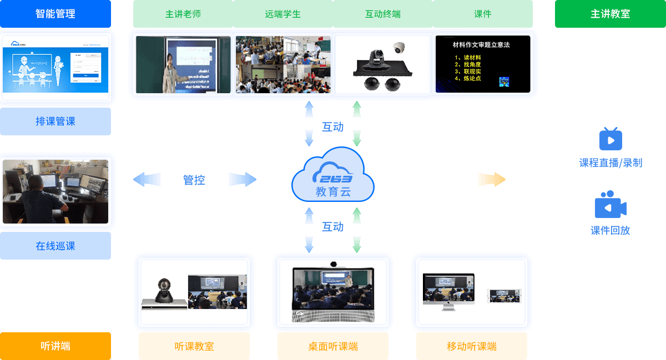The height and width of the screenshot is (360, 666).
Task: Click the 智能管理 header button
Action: coord(56,14)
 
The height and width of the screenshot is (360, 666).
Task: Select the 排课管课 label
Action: coord(56,121)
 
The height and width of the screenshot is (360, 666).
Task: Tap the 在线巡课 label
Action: coord(56,246)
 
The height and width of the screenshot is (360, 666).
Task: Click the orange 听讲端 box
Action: coord(56,346)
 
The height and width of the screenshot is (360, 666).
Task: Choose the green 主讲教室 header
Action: coord(610,14)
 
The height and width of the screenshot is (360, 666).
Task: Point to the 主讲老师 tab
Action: coord(183,14)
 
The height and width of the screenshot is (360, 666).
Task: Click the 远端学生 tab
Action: coord(282,14)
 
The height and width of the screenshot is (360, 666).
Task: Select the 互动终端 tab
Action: coord(382,14)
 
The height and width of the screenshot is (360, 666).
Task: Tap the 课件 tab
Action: coord(482,14)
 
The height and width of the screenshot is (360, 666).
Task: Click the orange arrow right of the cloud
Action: coord(492,180)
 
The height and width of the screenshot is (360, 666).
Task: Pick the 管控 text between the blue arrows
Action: coord(194,180)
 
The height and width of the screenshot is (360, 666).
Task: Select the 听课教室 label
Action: coord(194,346)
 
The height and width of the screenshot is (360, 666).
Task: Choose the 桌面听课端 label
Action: coord(332,346)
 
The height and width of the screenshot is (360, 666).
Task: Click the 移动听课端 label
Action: coord(471,346)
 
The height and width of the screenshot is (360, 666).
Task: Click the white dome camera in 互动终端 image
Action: coord(399,48)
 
